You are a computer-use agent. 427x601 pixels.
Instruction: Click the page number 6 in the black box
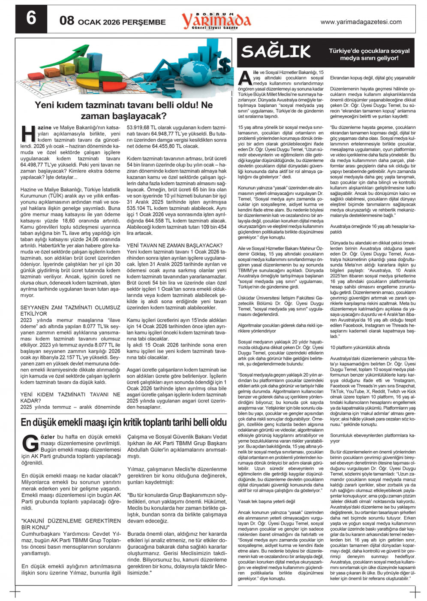click(31, 19)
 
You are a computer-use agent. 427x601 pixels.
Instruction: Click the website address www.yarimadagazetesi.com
click(361, 22)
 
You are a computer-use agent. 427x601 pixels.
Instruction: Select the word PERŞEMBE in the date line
click(144, 22)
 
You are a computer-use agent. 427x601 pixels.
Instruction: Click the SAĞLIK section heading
click(276, 51)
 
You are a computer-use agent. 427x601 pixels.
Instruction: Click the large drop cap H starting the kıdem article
click(28, 133)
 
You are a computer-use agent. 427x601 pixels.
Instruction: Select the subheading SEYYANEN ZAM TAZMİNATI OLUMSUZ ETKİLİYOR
click(70, 311)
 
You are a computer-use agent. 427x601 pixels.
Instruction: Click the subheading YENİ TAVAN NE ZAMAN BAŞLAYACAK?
click(174, 245)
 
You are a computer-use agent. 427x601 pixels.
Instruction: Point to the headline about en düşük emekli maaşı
click(123, 422)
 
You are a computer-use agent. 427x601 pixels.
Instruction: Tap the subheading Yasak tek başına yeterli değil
click(266, 501)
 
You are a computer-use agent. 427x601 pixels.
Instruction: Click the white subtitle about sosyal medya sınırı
click(369, 54)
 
